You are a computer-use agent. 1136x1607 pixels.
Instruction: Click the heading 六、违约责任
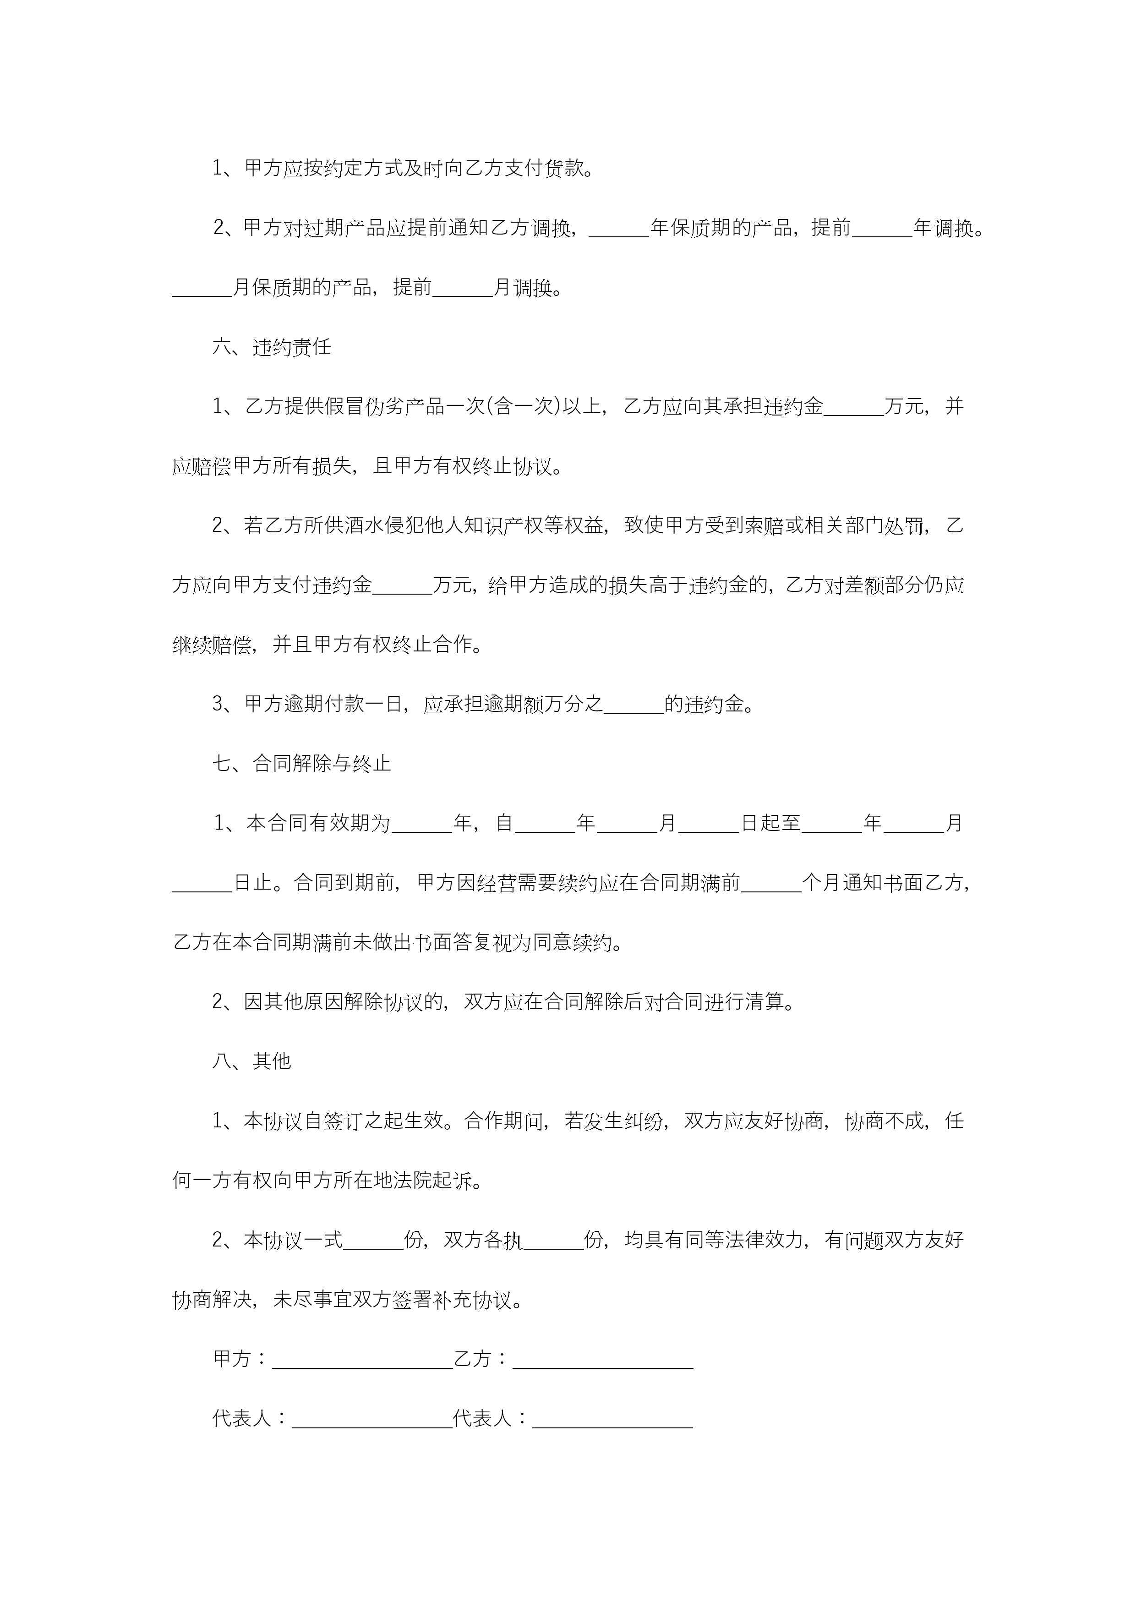coord(272,347)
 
